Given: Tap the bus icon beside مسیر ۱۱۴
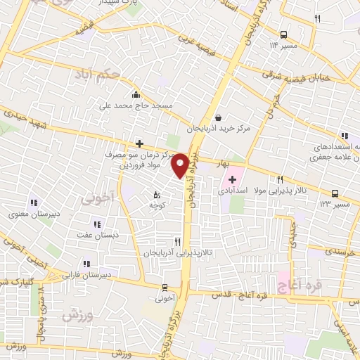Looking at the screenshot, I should (283, 34).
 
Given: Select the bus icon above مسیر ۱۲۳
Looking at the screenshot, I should (334, 193).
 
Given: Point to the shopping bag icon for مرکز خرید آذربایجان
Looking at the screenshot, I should (218, 118).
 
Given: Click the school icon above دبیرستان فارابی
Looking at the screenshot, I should (86, 264).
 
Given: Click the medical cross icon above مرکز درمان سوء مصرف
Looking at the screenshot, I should (140, 144).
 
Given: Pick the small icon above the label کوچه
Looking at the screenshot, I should (157, 194).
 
